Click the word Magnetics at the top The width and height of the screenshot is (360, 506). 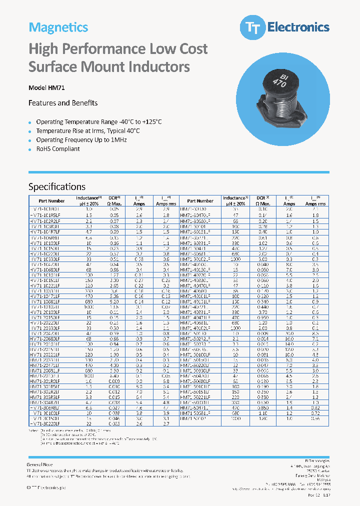coord(58,27)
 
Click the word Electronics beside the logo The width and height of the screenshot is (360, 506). coord(298,27)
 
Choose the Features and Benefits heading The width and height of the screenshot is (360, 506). coord(63,103)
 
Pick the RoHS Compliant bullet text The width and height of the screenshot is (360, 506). coord(58,149)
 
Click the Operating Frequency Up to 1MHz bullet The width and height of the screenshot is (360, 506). coord(81,140)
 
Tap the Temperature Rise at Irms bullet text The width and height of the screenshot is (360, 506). coord(88,131)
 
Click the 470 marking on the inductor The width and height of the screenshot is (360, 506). coord(280,84)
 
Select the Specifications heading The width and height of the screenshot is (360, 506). coord(57,187)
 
